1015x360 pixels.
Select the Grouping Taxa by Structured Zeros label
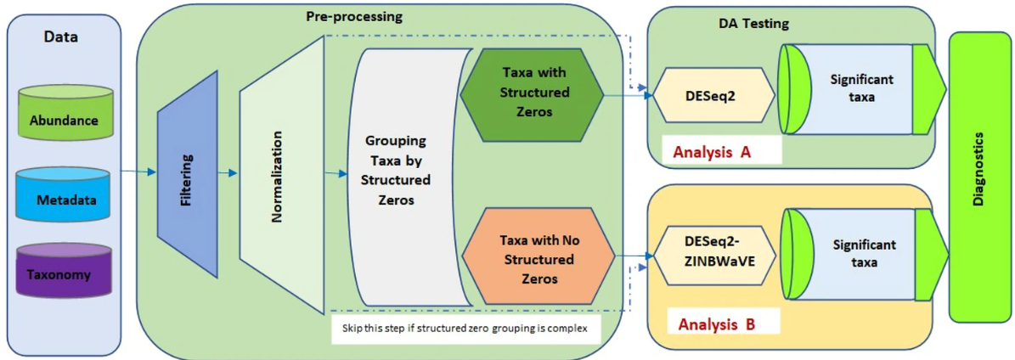coord(396,170)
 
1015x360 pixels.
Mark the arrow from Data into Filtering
coord(138,172)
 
